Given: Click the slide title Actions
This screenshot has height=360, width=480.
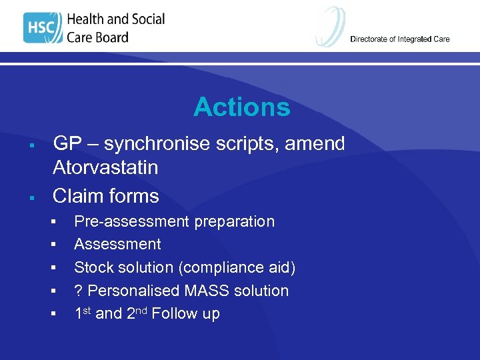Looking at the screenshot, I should coord(241,107).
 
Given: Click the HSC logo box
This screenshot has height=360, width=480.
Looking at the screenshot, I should coord(42,29).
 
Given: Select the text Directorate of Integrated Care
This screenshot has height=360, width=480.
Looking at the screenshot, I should coord(399,39).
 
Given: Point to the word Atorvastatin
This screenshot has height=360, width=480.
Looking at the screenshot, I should coord(105,167).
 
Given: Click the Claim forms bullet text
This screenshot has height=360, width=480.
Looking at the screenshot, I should coord(105,196).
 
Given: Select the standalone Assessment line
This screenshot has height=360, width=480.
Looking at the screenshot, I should coord(117,244).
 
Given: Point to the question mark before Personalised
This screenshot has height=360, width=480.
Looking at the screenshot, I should coord(78,291).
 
